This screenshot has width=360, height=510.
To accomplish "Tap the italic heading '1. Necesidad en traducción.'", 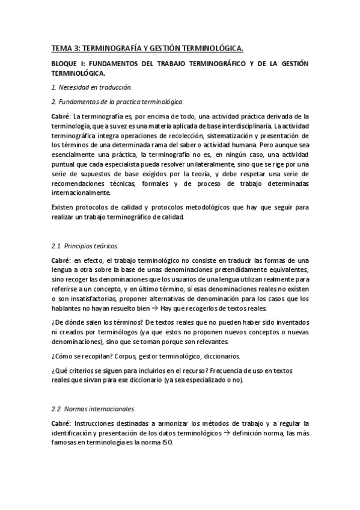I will pyautogui.click(x=91, y=88).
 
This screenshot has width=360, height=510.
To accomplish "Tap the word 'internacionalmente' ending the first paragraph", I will pyautogui.click(x=81, y=193).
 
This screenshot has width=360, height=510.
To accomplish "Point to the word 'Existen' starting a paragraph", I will pyautogui.click(x=64, y=207).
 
